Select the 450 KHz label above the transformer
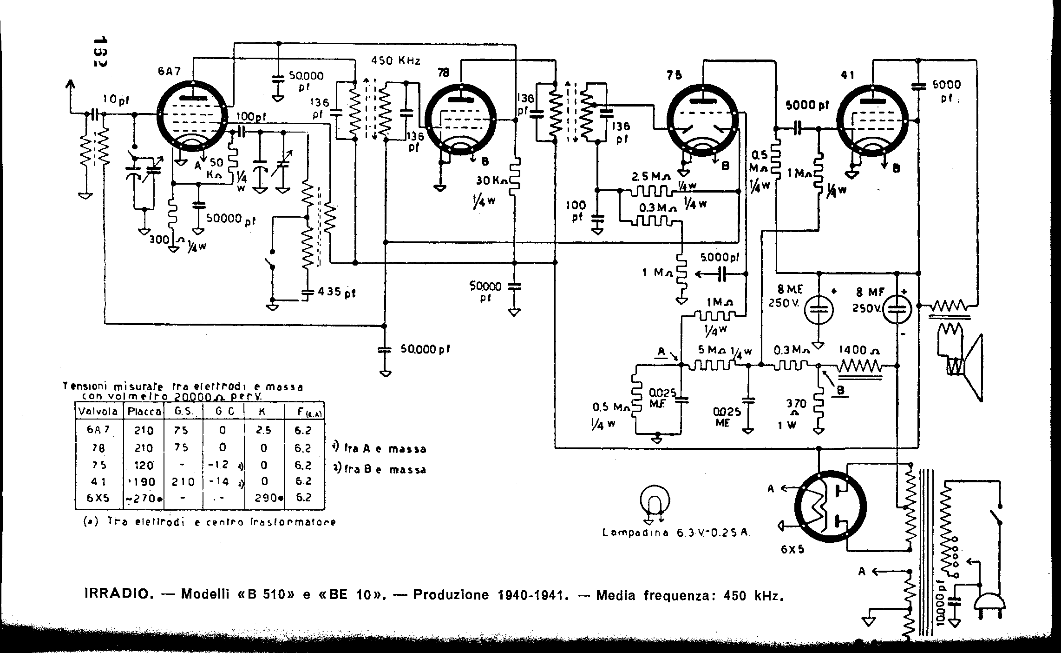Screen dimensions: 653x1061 (x=396, y=61)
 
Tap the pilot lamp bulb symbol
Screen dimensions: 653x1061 (x=655, y=501)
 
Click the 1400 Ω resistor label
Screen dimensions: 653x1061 (x=859, y=350)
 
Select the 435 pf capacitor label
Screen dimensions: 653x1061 (x=336, y=293)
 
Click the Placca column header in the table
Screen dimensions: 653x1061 (x=144, y=412)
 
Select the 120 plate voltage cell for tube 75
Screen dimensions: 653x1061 (x=144, y=465)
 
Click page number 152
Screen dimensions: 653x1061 (x=99, y=51)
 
